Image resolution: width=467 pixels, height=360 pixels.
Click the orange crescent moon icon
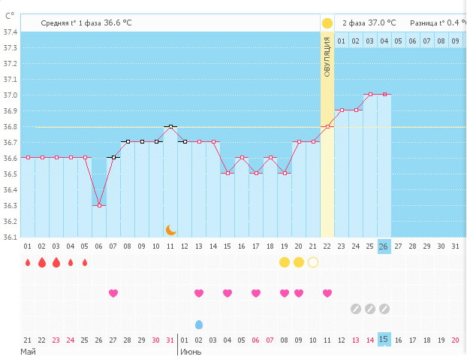[x=171, y=229]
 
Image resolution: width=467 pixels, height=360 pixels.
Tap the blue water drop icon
[x=199, y=324]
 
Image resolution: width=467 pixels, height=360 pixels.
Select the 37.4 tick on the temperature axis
[x=10, y=32]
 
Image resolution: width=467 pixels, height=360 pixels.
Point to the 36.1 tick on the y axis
[x=10, y=237]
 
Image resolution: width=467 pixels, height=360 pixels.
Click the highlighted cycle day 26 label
[x=384, y=247]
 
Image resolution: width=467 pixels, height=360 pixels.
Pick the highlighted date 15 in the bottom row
[x=384, y=340]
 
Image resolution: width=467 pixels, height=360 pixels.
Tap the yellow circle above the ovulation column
[x=327, y=23]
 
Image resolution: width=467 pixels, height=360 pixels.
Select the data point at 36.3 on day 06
[x=99, y=205]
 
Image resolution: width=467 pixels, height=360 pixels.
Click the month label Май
[x=28, y=352]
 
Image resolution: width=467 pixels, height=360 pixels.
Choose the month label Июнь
[x=190, y=352]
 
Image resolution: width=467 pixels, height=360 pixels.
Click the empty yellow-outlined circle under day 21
[x=313, y=262]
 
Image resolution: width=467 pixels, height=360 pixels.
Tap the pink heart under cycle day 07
[x=113, y=293]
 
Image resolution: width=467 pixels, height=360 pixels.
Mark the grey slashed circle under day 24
[x=356, y=308]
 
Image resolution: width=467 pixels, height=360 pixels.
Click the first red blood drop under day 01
[x=28, y=262]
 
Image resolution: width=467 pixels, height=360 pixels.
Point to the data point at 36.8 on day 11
[x=171, y=126]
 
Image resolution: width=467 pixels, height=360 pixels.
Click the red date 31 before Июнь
[x=170, y=340]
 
